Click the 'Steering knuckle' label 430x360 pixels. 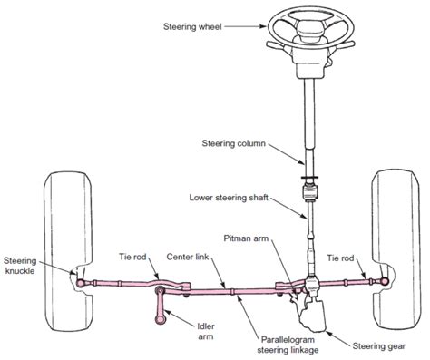20,262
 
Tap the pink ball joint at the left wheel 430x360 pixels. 81,283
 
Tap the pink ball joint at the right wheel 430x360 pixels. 384,280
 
